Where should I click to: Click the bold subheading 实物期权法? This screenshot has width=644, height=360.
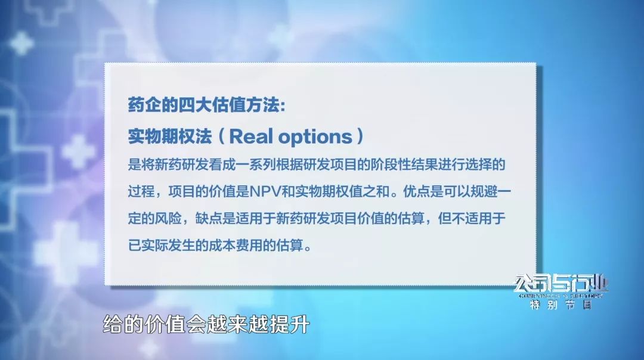tap(169, 136)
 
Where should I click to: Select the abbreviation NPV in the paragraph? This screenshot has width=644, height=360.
tap(265, 192)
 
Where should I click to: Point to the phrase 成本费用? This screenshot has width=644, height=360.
tap(249, 246)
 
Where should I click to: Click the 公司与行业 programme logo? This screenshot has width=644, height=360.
tap(561, 284)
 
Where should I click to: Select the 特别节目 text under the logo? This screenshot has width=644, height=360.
tap(561, 305)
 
